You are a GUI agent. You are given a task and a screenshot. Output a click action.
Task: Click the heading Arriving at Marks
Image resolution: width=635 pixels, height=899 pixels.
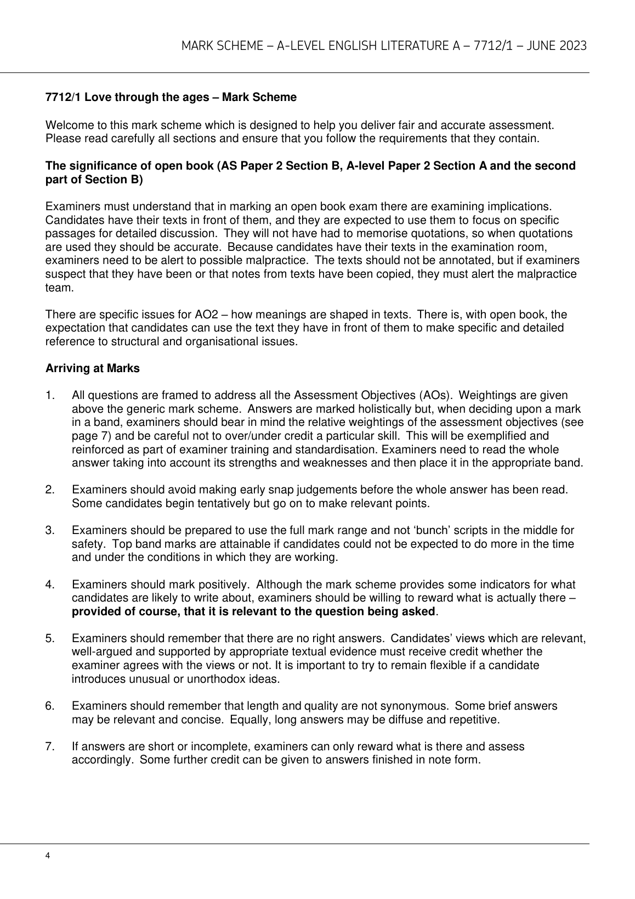[92, 368]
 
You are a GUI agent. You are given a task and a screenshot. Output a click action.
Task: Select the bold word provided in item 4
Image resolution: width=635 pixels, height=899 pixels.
[93, 611]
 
